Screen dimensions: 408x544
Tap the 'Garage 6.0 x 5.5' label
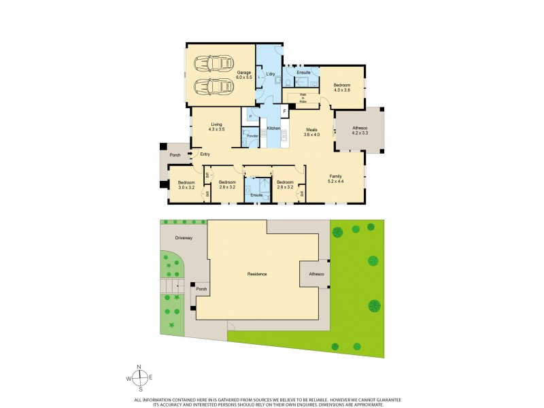tap(244, 75)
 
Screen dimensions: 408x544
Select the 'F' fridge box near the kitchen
tap(285, 110)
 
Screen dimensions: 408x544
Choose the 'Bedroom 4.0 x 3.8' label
tap(341, 88)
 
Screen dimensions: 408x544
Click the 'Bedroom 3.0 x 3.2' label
tap(186, 184)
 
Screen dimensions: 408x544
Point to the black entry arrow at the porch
tap(190, 154)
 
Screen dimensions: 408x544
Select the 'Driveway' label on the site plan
tap(183, 239)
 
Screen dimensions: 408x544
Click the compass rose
tap(139, 379)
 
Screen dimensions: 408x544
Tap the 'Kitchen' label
tap(273, 129)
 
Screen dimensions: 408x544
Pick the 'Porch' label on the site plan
tap(201, 289)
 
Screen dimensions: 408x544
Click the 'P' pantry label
tap(251, 116)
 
